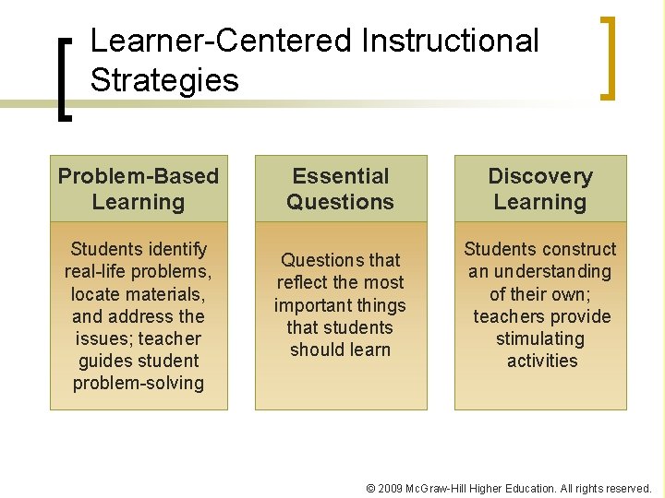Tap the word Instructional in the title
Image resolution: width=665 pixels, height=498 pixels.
pos(451,41)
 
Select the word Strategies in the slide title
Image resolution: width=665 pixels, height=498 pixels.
pos(164,80)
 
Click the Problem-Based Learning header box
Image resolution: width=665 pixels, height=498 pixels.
pos(139,189)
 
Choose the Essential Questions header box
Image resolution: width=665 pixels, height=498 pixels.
pos(340,189)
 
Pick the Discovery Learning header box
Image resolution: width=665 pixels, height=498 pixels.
pos(540,189)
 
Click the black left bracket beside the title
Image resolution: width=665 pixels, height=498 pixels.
pos(65,77)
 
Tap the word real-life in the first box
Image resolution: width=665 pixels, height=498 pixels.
pos(97,271)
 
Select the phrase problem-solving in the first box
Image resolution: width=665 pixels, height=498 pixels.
pos(139,383)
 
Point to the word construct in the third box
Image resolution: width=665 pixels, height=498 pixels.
pos(579,249)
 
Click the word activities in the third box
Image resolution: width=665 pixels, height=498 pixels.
pos(542,361)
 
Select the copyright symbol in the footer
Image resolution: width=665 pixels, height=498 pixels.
pos(370,488)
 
